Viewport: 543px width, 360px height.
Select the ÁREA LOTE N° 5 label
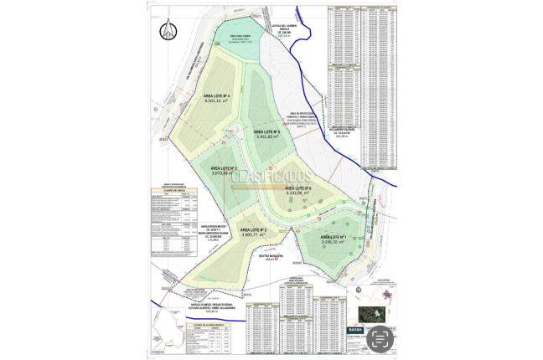[x=266, y=131]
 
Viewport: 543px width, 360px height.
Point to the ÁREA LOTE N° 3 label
[x=223, y=167]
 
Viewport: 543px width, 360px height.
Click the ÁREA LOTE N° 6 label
[x=298, y=188]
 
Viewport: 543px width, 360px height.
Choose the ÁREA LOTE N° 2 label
[x=252, y=229]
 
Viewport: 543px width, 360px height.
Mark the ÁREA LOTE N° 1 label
[x=333, y=237]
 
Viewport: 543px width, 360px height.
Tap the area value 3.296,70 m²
[x=333, y=244]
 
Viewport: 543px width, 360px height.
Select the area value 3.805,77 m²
[x=252, y=235]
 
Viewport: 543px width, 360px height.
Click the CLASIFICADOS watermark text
[x=271, y=177]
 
